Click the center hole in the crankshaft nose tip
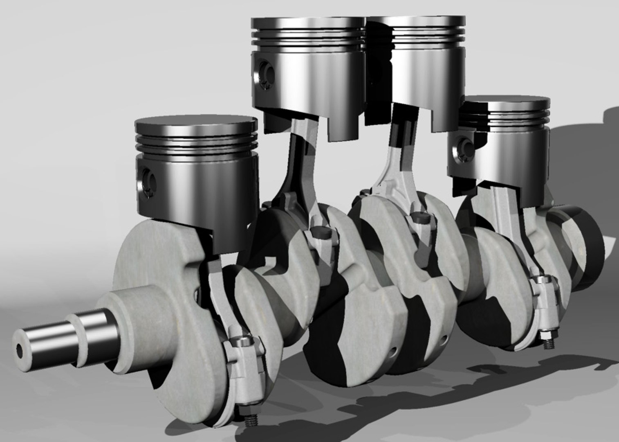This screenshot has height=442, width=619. click(19, 350)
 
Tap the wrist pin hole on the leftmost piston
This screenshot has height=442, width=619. click(148, 180)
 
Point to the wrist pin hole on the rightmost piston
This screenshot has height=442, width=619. click(465, 146)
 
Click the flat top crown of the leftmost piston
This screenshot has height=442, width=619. click(196, 123)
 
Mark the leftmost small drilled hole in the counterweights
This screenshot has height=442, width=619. click(394, 352)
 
